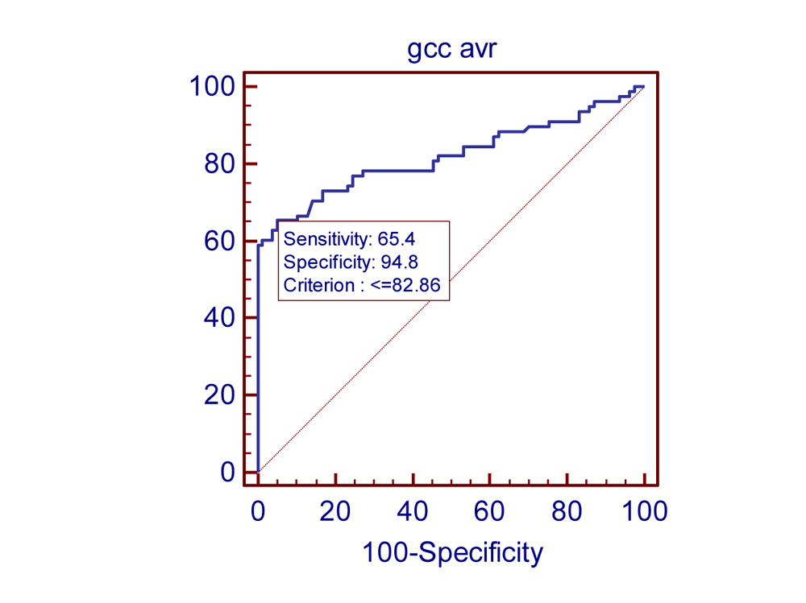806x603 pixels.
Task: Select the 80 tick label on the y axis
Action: click(x=219, y=163)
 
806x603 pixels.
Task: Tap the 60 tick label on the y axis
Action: click(x=219, y=241)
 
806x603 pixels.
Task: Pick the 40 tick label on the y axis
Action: click(x=219, y=318)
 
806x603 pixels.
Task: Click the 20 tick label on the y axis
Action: click(x=219, y=395)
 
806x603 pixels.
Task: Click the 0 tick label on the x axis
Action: click(x=258, y=510)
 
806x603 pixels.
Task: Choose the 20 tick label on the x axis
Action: click(x=335, y=510)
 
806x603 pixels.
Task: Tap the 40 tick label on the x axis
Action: click(x=413, y=510)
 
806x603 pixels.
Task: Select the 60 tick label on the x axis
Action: click(x=490, y=510)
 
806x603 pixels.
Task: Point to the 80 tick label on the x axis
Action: click(x=567, y=510)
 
